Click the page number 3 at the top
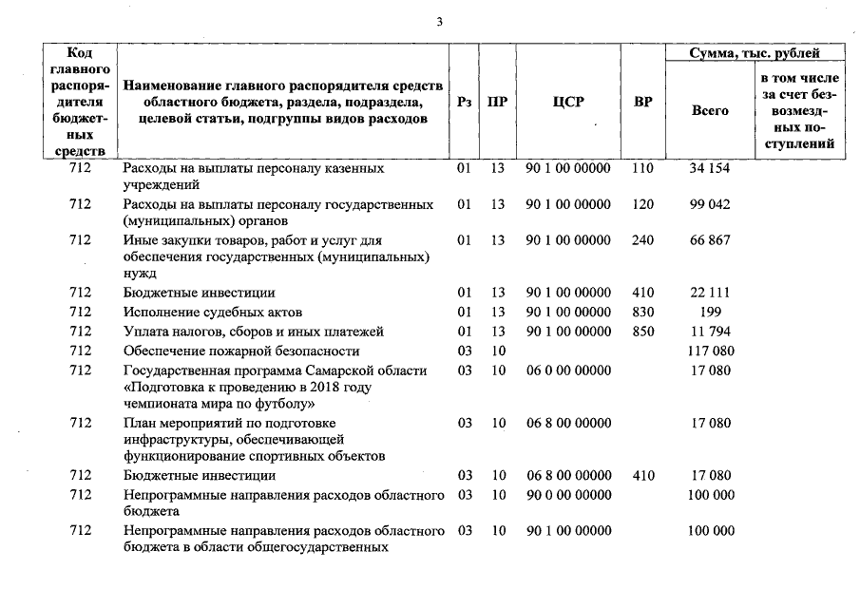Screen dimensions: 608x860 [x=440, y=22]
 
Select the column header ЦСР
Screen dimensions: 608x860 [x=568, y=102]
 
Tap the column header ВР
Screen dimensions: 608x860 [x=642, y=102]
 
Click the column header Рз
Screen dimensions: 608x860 [x=465, y=102]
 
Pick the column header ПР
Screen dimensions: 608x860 [x=497, y=102]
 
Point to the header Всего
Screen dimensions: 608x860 [x=710, y=111]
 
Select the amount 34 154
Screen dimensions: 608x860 [x=710, y=168]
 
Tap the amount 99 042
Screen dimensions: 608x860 [x=710, y=204]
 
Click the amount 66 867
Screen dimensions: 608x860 [x=710, y=240]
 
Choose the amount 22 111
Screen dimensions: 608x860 [x=710, y=293]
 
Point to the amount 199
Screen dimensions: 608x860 [x=710, y=312]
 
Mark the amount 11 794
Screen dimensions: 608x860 [x=710, y=332]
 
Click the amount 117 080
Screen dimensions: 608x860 [x=710, y=351]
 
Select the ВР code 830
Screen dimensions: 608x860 [x=642, y=312]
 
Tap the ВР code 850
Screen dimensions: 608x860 [x=642, y=332]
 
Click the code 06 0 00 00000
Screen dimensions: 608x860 [x=568, y=370]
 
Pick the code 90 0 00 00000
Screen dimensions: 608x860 [x=568, y=495]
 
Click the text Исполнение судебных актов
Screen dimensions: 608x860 [x=206, y=312]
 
